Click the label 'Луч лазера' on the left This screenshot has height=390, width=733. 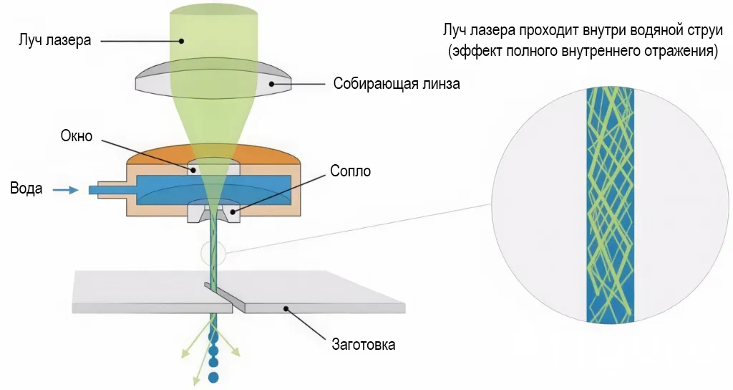click(x=54, y=40)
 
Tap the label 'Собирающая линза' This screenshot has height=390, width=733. click(x=396, y=84)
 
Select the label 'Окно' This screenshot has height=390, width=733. click(x=77, y=135)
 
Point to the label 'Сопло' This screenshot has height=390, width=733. click(x=349, y=172)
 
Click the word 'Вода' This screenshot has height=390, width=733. click(x=26, y=190)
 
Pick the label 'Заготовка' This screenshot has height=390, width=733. click(x=363, y=345)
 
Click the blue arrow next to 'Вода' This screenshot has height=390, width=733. click(x=66, y=190)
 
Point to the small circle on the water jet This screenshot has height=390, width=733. click(x=213, y=252)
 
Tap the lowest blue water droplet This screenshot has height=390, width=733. click(x=213, y=376)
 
